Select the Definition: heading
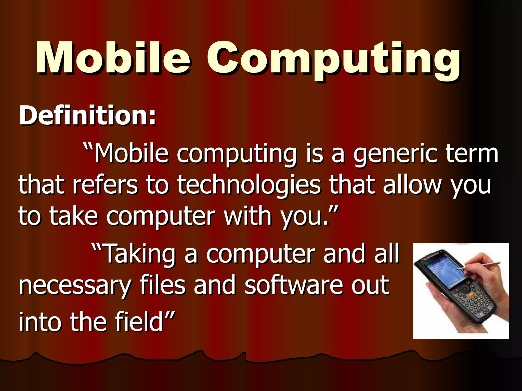click(x=87, y=116)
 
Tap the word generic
click(x=395, y=155)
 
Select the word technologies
click(x=249, y=186)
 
